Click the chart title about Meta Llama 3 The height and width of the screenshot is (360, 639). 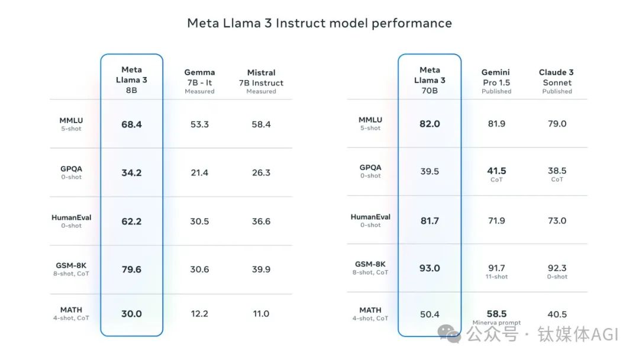(319, 23)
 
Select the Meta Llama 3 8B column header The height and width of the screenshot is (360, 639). (131, 79)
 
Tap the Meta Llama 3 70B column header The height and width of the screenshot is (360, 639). (430, 80)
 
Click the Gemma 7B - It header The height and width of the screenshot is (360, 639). (199, 82)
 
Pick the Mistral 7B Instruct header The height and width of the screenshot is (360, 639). (261, 82)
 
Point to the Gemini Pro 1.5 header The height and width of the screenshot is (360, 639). (496, 82)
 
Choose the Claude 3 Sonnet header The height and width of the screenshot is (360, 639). (557, 82)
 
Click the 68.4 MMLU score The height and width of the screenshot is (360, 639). (131, 124)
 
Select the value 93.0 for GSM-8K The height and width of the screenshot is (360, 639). (430, 268)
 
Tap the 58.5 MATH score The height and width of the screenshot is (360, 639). (496, 313)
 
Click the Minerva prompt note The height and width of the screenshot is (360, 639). (496, 323)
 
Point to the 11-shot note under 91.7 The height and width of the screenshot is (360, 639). (496, 277)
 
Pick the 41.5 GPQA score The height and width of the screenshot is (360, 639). (496, 171)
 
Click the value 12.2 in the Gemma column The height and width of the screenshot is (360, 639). (199, 314)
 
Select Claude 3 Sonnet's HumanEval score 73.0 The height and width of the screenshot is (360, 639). (557, 221)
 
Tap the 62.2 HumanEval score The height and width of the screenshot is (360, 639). (131, 221)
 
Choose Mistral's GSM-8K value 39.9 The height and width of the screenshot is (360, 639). (261, 269)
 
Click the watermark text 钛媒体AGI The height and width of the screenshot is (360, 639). (577, 335)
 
